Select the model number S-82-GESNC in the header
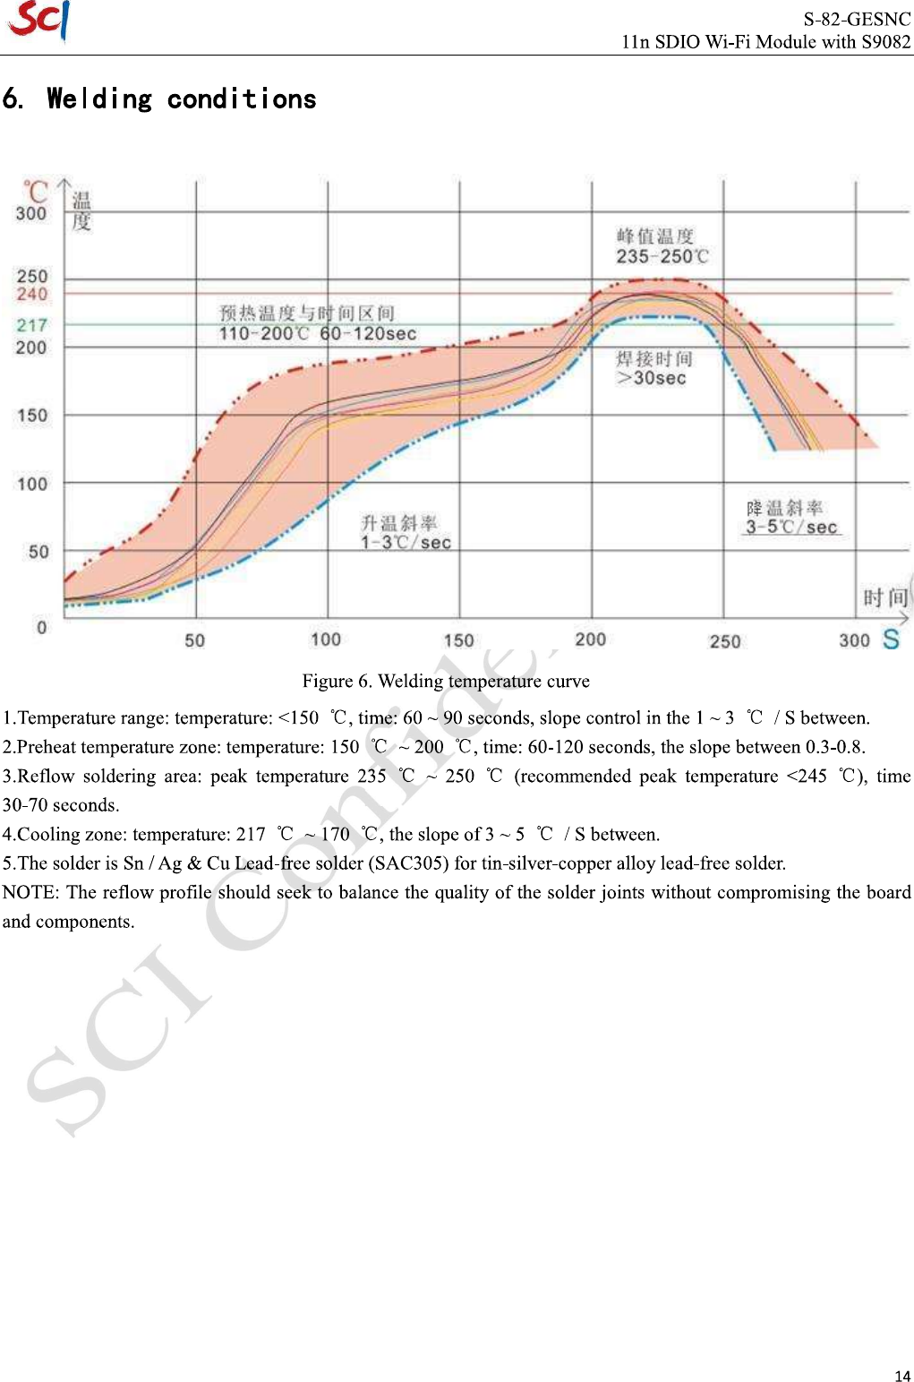point(856,19)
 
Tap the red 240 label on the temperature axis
point(32,294)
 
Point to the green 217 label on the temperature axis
point(31,325)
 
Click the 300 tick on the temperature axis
point(31,213)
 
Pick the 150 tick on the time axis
point(458,640)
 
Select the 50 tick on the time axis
point(194,640)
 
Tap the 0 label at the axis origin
point(41,627)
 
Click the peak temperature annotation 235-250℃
point(662,256)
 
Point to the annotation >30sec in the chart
point(652,378)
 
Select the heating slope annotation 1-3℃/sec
point(406,543)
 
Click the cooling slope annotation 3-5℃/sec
point(792,527)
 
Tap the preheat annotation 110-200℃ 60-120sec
point(318,334)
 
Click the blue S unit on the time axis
point(891,639)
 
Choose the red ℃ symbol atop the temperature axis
point(36,191)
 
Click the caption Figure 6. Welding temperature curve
point(446,681)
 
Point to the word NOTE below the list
point(28,892)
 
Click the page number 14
point(902,1376)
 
